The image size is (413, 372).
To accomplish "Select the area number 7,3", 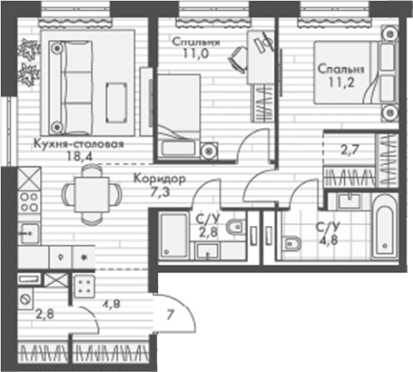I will point(160,191).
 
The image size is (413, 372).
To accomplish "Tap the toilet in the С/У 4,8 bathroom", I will point(292,241).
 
